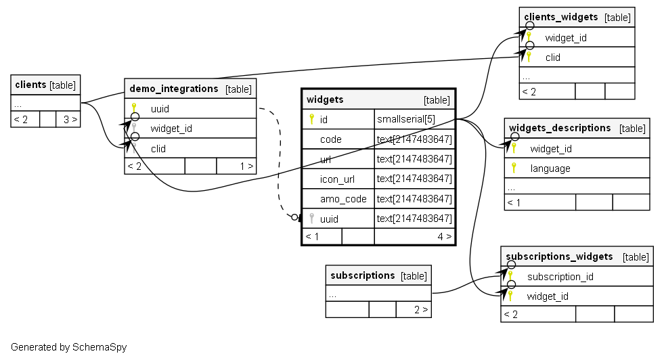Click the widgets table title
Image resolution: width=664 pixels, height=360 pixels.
[x=325, y=99]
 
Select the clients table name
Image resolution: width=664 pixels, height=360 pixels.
[x=30, y=85]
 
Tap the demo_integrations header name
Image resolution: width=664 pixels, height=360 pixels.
[x=173, y=89]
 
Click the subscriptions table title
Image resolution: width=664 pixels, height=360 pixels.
[x=362, y=275]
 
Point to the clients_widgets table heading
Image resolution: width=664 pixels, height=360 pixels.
[x=561, y=17]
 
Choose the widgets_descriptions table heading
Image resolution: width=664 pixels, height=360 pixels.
[x=560, y=128]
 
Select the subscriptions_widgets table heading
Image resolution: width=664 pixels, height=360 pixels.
[x=559, y=256]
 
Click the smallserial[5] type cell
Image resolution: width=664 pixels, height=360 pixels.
[x=406, y=119]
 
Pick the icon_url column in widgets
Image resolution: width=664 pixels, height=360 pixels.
[x=337, y=179]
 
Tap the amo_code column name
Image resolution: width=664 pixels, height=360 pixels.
[x=343, y=199]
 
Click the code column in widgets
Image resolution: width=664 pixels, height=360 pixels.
[x=331, y=139]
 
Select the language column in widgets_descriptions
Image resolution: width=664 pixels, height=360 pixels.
[x=550, y=168]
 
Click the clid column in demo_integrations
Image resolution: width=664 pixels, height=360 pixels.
[x=158, y=148]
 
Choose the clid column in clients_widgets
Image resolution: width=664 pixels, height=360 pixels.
[x=553, y=57]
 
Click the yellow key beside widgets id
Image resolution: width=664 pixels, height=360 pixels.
[x=311, y=119]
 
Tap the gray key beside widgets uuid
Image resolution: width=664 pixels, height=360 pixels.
[x=311, y=219]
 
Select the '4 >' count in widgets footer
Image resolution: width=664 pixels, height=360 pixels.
[x=444, y=236]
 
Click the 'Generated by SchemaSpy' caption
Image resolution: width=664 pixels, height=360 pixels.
[x=68, y=347]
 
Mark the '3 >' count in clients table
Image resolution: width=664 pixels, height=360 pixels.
[x=70, y=120]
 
